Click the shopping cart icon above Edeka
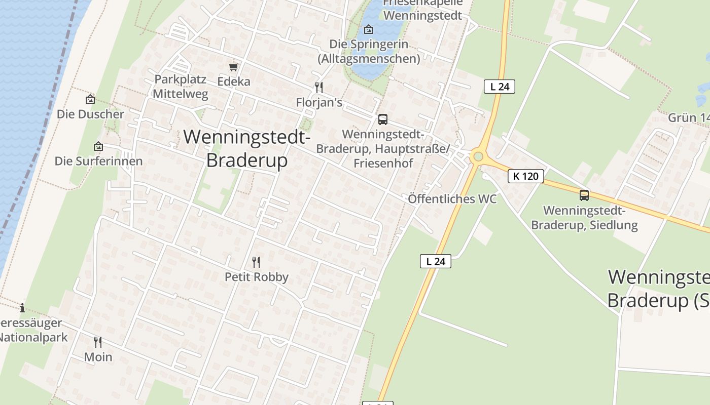[234, 67]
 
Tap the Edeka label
[234, 81]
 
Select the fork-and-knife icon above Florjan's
[319, 88]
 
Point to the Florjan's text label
[319, 103]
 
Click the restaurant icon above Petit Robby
[256, 262]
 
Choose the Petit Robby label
[256, 277]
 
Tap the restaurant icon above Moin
[98, 342]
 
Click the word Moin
[98, 357]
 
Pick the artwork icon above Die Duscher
[90, 99]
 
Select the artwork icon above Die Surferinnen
[98, 147]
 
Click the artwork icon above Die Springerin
[369, 29]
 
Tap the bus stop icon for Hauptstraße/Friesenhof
[383, 119]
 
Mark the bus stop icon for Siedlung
[584, 195]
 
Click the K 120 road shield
[526, 176]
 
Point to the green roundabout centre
[477, 156]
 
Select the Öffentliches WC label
[452, 199]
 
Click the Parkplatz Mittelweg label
[180, 87]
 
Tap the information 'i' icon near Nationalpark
[22, 308]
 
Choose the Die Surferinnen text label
[98, 161]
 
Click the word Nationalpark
[33, 337]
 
